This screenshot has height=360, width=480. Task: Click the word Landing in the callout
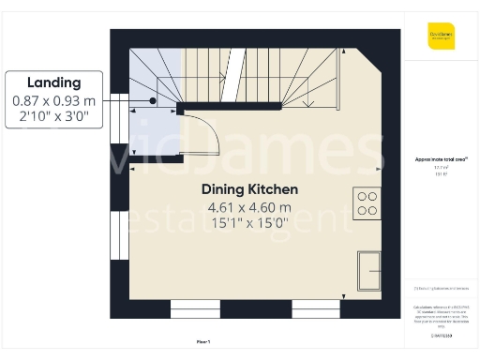click(x=53, y=82)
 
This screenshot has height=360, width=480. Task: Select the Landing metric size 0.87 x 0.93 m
click(x=53, y=100)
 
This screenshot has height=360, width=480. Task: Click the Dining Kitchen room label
click(x=249, y=189)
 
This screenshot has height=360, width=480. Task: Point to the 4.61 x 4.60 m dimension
click(x=249, y=207)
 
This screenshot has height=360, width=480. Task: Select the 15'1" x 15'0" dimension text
click(x=249, y=223)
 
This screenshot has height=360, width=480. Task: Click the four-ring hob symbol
click(x=367, y=203)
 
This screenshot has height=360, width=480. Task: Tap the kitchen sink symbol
click(x=368, y=270)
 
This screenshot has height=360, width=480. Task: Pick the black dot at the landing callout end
click(x=153, y=100)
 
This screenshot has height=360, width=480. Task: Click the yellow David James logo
click(x=441, y=35)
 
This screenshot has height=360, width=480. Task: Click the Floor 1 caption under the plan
click(x=203, y=340)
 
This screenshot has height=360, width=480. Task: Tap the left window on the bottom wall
click(x=195, y=308)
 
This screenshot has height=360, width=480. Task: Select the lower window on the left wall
click(x=118, y=237)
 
